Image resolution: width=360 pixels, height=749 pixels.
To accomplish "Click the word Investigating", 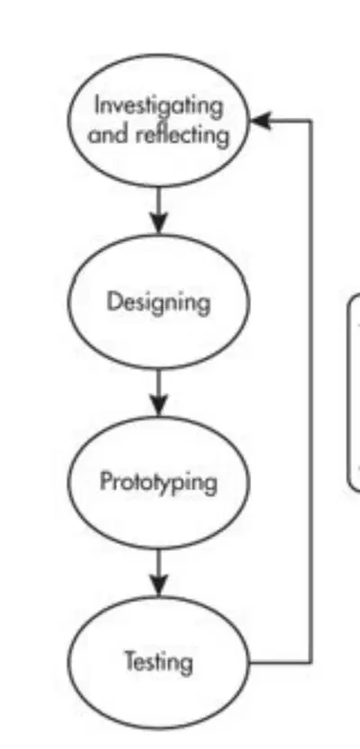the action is coord(159,106).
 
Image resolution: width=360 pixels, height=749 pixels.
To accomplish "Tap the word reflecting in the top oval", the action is coord(183,135).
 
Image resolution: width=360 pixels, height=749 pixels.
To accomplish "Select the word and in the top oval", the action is coord(109,135).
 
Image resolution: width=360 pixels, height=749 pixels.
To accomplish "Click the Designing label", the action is coord(158,302).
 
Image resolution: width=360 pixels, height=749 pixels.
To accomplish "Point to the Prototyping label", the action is coord(158,482).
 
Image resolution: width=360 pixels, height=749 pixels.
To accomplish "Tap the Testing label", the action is coord(159,663).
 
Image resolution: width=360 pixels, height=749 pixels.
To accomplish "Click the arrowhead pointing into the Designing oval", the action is coord(158,222).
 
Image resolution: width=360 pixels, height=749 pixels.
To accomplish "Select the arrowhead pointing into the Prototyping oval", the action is coord(158,403).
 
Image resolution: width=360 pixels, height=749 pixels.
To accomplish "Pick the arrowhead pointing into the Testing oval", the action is coord(158,584).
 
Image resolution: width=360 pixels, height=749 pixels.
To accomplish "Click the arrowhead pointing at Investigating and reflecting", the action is coord(260,121).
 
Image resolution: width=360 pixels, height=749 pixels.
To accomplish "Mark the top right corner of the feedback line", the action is coord(311,121).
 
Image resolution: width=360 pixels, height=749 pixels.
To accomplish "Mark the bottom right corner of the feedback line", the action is coord(311,663).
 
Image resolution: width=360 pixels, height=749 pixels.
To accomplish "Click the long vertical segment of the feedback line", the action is coord(311,392).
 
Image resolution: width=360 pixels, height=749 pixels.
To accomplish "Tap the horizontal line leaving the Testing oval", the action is coord(280,663).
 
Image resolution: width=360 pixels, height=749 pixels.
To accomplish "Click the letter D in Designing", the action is coord(113,302).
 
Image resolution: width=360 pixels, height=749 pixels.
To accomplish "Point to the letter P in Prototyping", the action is coord(105,481).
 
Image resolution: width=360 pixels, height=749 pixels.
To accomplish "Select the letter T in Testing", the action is coord(130,661).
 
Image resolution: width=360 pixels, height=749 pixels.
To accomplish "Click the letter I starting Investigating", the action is coord(97,105).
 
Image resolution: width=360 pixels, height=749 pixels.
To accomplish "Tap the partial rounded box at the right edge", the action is coord(355,393).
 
